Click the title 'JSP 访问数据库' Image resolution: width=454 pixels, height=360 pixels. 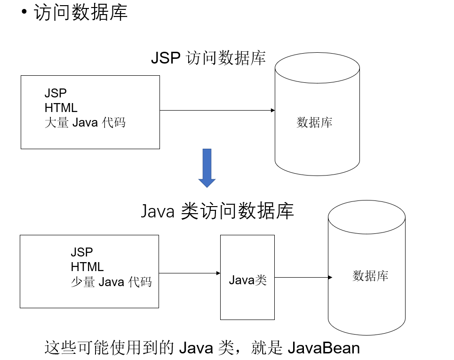(208, 58)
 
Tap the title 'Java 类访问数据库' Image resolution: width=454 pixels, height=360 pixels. (217, 211)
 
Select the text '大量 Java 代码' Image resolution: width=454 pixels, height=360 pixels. (85, 123)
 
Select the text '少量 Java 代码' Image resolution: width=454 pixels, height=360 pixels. (112, 282)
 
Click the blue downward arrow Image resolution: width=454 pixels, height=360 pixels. (207, 168)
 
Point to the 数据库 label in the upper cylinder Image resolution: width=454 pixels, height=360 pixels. (315, 123)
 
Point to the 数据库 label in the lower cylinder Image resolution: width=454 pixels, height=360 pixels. (371, 276)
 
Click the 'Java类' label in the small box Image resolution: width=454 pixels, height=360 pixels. (248, 280)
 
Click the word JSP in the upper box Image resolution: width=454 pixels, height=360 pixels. (56, 93)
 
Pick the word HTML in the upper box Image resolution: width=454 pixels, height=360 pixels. (61, 108)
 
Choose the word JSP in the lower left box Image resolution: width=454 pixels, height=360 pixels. (82, 252)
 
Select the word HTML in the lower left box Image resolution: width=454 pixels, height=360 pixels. (87, 267)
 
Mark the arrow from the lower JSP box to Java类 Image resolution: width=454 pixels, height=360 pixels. (190, 273)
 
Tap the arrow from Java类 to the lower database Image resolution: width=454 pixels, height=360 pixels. (303, 277)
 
